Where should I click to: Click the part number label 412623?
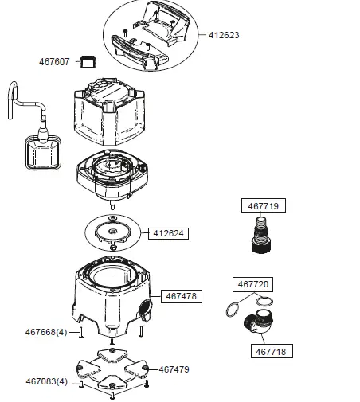[224, 36]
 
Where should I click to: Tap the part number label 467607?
[54, 61]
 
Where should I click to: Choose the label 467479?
[174, 369]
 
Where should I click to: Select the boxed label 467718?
[272, 350]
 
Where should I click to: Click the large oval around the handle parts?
[152, 38]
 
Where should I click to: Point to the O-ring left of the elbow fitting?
[233, 310]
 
